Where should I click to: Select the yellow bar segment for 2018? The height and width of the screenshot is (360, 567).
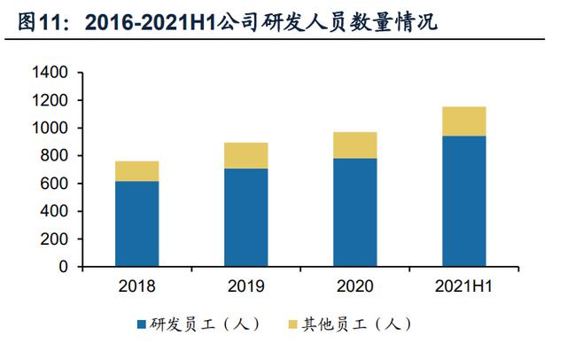click(x=137, y=171)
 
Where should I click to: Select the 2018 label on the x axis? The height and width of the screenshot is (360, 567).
click(x=137, y=286)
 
